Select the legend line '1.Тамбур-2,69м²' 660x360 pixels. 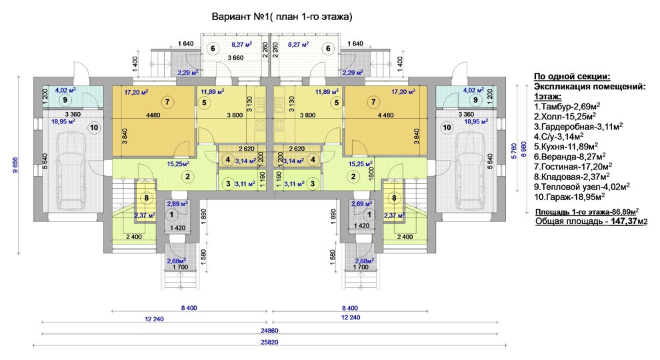(x=567, y=106)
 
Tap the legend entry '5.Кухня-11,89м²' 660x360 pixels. (x=566, y=147)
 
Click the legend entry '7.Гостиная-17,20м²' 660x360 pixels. (x=573, y=167)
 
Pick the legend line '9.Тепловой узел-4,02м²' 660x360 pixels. (x=582, y=187)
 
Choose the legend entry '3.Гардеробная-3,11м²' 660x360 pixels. (x=579, y=126)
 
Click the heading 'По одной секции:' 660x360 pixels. (x=572, y=76)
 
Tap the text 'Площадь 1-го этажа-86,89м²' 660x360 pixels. (x=587, y=212)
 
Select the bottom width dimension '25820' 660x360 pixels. (x=269, y=342)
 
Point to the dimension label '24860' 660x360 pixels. (x=269, y=331)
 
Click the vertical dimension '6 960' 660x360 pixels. (x=524, y=149)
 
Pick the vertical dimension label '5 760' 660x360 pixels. (x=513, y=151)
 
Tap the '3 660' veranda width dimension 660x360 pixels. (x=236, y=58)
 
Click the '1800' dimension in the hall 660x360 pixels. (x=371, y=174)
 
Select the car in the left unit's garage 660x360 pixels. (x=73, y=169)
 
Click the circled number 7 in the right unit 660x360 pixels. (x=373, y=101)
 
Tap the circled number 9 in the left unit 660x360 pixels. (x=65, y=100)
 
